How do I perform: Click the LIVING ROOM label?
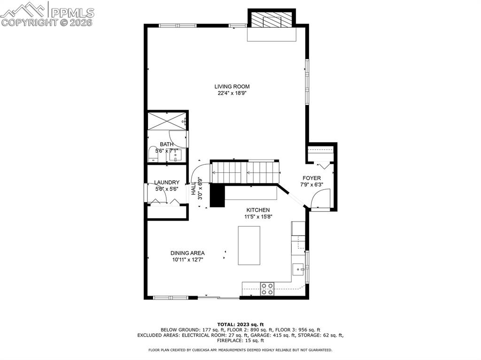tap(232, 86)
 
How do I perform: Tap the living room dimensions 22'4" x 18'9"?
tap(232, 93)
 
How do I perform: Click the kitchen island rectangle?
tap(249, 245)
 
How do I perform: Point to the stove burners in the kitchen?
tap(267, 289)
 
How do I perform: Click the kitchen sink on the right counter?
tap(299, 269)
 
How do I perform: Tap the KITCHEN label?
tap(258, 210)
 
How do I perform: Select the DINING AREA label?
tap(187, 253)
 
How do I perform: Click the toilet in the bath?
tap(153, 154)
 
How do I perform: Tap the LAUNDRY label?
tap(167, 183)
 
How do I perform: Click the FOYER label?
tap(311, 178)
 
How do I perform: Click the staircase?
tap(245, 172)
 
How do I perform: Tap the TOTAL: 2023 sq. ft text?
tap(240, 324)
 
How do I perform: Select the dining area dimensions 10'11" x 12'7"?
tap(187, 260)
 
